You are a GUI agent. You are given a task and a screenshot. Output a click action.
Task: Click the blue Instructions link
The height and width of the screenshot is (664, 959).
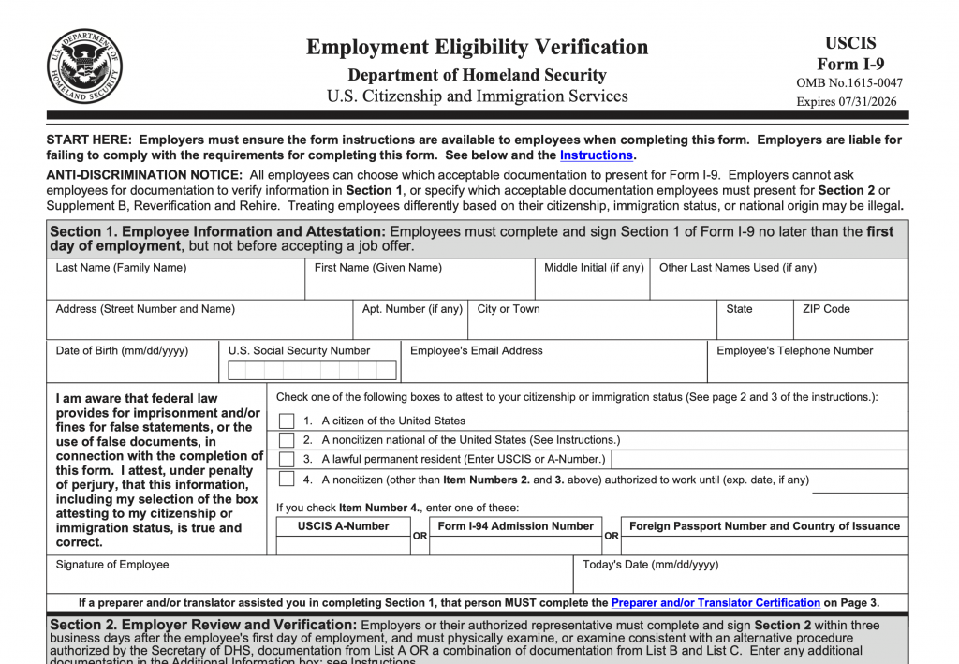coord(596,155)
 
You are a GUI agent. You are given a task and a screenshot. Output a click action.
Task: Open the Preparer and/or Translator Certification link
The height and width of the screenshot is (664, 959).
coord(716,603)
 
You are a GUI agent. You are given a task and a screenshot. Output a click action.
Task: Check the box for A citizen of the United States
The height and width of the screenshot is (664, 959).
coord(287,421)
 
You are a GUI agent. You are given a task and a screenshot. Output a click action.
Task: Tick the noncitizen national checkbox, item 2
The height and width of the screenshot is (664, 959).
coord(287,440)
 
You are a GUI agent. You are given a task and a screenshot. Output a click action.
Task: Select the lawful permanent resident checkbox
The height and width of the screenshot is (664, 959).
coord(287,460)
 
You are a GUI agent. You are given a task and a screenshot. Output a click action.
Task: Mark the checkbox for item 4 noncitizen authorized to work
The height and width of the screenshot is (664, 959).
coord(287,480)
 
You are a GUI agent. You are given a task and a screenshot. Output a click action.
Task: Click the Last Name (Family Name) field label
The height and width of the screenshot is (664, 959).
coord(121,268)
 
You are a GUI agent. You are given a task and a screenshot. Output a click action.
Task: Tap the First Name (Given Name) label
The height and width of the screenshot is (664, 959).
coord(377,268)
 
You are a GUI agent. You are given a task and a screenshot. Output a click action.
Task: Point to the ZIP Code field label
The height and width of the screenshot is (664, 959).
coord(826,309)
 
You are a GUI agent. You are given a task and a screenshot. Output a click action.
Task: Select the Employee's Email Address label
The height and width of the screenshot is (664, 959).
coord(476,351)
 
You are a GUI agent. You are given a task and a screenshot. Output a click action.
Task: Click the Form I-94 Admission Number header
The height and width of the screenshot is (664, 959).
coord(515,526)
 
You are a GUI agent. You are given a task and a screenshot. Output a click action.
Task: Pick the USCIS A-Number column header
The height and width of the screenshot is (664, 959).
coord(343,526)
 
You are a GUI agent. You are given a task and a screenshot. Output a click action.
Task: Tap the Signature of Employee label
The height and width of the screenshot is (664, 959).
coord(112,565)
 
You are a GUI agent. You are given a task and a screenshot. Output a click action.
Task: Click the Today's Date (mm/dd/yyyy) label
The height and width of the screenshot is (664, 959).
coord(650,565)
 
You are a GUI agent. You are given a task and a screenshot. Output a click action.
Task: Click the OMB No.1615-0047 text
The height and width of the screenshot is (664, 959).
coord(849,83)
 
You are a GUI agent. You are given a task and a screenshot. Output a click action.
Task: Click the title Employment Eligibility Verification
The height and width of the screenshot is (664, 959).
coord(477,47)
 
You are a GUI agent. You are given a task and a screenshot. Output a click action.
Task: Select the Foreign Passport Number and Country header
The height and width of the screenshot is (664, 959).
coord(764,526)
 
